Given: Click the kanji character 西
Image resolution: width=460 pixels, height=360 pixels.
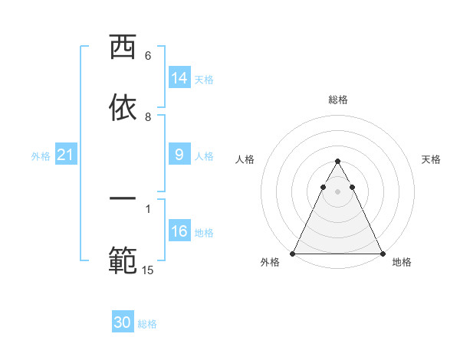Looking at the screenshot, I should click(x=123, y=48).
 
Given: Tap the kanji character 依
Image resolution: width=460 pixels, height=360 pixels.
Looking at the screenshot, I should click(x=123, y=108).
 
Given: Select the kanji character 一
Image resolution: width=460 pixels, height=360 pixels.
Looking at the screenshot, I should click(x=123, y=199).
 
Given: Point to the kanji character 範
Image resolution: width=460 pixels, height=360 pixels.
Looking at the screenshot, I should click(x=123, y=259).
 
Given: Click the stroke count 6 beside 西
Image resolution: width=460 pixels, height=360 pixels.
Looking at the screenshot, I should click(x=148, y=56).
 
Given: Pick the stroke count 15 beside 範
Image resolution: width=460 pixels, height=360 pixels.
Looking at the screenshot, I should click(x=148, y=269).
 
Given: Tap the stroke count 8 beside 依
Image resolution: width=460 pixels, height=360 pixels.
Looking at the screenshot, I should click(x=148, y=116).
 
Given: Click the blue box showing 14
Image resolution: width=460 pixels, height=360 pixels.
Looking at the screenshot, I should click(x=179, y=78).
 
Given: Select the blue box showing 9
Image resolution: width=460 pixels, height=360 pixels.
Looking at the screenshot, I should click(x=179, y=155).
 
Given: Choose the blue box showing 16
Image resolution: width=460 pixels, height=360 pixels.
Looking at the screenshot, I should click(x=179, y=231).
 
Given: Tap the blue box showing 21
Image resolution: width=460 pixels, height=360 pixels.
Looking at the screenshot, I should click(x=65, y=155).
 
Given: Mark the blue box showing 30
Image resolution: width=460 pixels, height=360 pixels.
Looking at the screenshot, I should click(x=123, y=322).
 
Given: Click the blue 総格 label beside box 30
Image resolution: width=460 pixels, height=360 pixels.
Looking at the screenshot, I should click(x=147, y=324).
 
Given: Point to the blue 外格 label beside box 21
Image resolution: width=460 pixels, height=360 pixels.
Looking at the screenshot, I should click(x=41, y=156).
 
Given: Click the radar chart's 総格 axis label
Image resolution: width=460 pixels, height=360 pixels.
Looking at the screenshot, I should click(x=337, y=100).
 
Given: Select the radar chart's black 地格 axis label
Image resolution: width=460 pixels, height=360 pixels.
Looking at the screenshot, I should click(x=402, y=262).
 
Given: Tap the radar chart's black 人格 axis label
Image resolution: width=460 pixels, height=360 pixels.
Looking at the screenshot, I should click(x=245, y=159).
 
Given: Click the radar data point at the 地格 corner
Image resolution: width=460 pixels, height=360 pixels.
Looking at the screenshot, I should click(x=382, y=254).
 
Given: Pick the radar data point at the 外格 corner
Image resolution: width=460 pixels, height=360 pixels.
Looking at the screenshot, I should click(x=293, y=254).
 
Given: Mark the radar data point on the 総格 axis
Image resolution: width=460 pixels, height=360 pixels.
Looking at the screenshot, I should click(x=337, y=162).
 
